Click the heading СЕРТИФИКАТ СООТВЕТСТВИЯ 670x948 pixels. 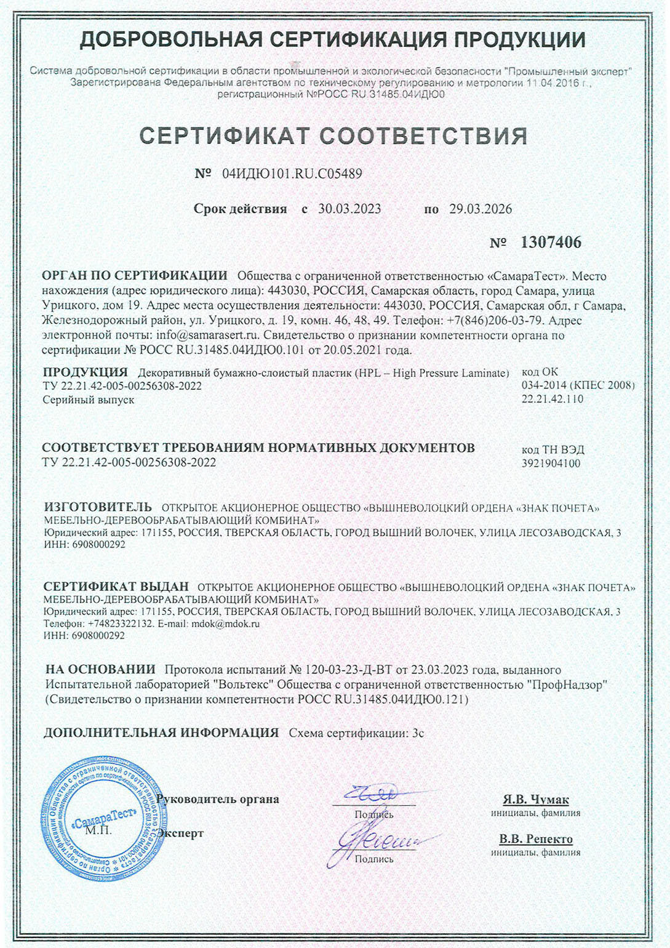click(x=333, y=136)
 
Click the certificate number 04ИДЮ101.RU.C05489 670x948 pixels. click(x=292, y=174)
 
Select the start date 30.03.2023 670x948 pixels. click(x=349, y=209)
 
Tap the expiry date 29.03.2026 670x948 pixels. click(x=481, y=209)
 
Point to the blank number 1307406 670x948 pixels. click(x=551, y=242)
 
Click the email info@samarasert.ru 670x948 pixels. click(x=209, y=335)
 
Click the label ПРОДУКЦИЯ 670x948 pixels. click(x=86, y=372)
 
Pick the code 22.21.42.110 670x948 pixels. click(x=552, y=399)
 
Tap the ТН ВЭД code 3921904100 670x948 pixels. click(x=551, y=463)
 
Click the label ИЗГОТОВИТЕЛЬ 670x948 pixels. click(x=98, y=507)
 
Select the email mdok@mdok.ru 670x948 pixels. click(x=225, y=624)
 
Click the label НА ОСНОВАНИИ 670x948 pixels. click(x=100, y=669)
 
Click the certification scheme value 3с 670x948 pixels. click(x=418, y=733)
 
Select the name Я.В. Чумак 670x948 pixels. click(x=535, y=800)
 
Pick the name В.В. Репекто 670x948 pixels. click(x=535, y=839)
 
